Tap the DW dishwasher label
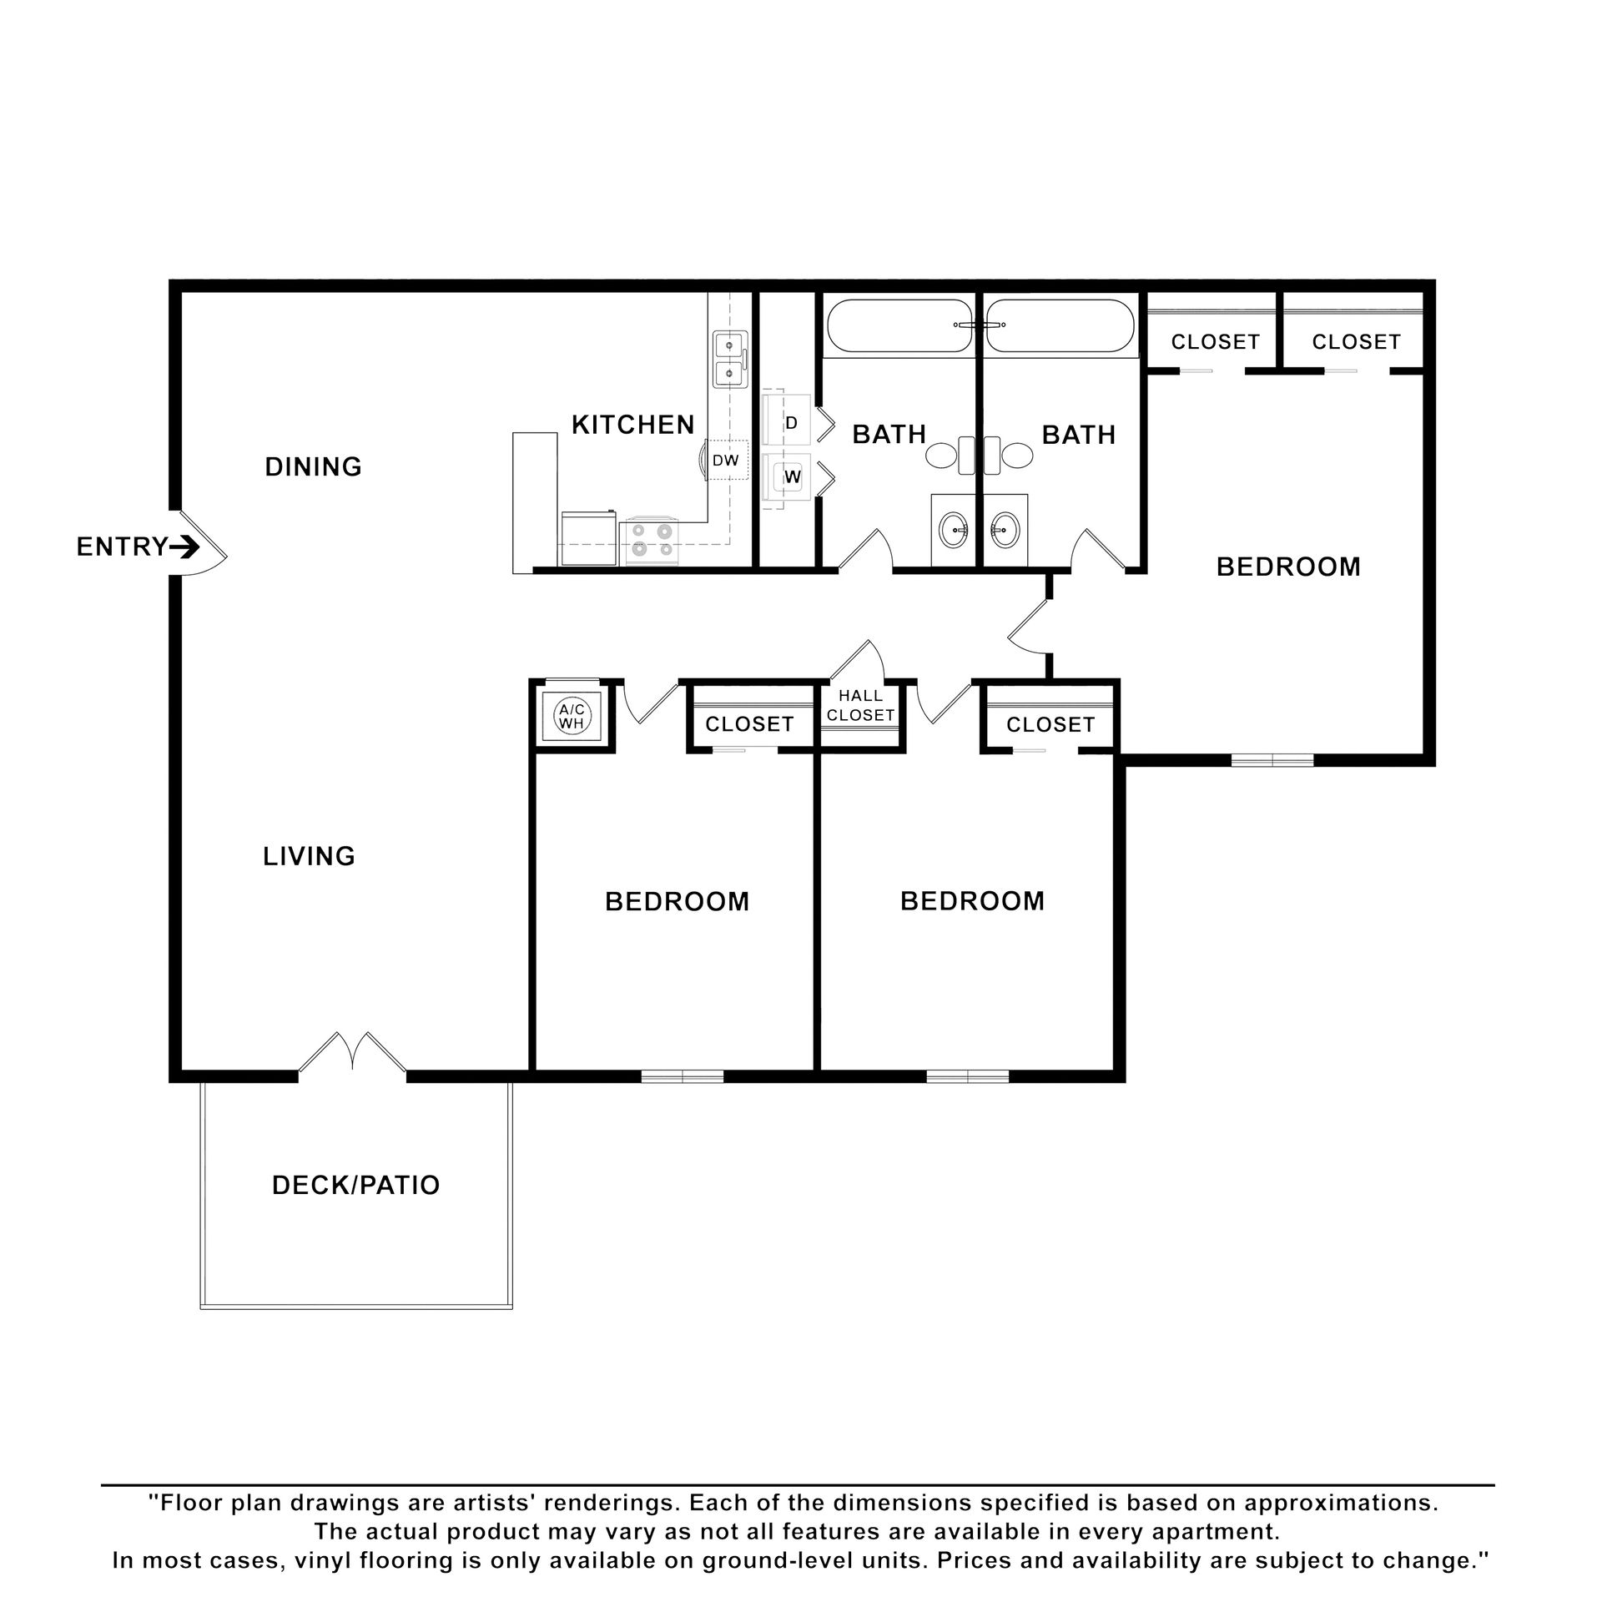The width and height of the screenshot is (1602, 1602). (x=725, y=461)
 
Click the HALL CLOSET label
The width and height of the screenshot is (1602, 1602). (x=860, y=706)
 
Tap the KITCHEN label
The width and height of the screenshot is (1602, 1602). (x=633, y=425)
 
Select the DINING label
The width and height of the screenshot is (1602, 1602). (x=314, y=466)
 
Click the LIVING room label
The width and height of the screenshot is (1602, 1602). (x=310, y=856)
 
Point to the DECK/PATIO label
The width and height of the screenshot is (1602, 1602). (x=356, y=1185)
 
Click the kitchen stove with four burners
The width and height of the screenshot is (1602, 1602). (x=652, y=539)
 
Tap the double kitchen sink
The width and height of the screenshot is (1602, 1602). (x=730, y=359)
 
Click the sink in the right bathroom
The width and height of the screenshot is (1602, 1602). (x=1006, y=528)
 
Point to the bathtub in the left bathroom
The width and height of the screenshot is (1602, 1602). (x=899, y=327)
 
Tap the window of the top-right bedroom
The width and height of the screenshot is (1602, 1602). (x=1272, y=759)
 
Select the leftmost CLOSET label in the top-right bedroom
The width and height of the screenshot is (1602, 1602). (x=1215, y=341)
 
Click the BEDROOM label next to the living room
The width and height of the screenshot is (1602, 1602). (x=678, y=902)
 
